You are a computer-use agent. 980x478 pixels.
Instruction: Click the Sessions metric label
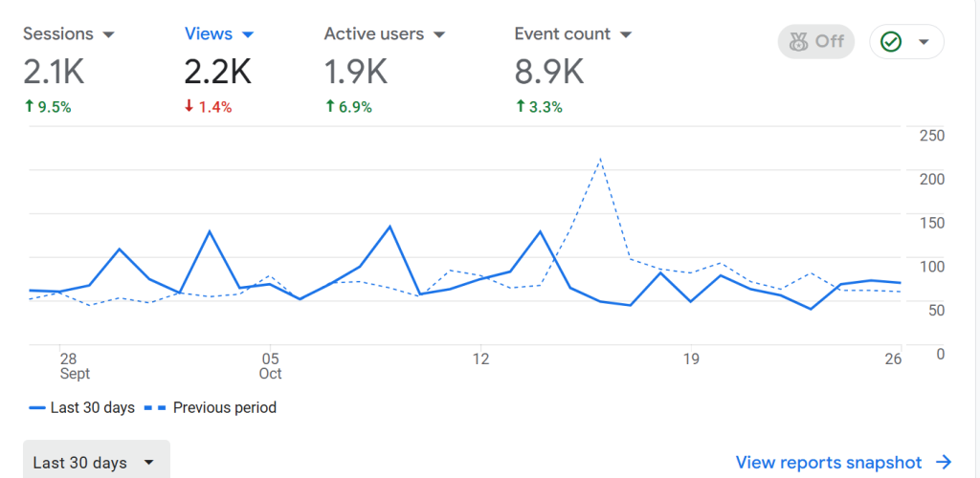(x=58, y=34)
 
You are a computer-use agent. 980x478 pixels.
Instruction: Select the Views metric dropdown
(x=219, y=34)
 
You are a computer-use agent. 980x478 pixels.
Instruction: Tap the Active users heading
(x=374, y=34)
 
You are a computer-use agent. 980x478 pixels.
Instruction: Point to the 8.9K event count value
(x=548, y=71)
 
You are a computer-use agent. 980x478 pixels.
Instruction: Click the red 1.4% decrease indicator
(x=209, y=107)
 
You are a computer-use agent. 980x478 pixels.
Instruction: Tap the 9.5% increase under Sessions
(x=47, y=107)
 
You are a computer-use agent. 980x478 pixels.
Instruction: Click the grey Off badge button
(x=816, y=41)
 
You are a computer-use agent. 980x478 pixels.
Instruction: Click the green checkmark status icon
(x=891, y=42)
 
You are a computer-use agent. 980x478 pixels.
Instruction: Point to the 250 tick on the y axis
(x=931, y=136)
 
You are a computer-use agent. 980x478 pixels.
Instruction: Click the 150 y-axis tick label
(x=931, y=223)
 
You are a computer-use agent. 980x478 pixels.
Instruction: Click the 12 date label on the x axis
(x=480, y=358)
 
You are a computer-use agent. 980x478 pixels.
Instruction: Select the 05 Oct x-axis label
(x=270, y=365)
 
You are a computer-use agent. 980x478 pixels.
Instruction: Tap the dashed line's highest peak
(x=600, y=159)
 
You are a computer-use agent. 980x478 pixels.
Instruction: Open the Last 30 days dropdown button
(x=96, y=463)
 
